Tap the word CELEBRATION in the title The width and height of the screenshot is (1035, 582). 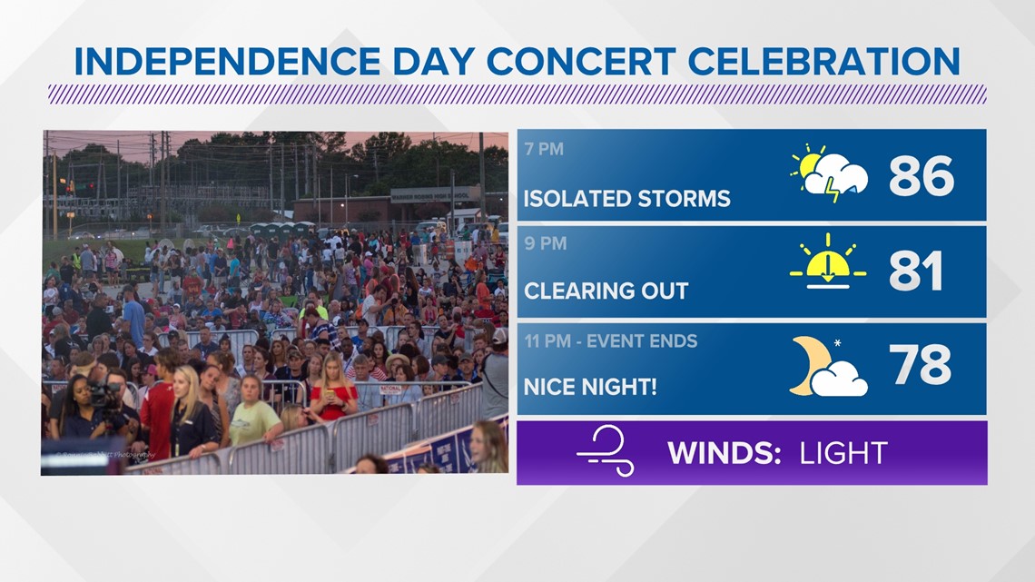pos(823,62)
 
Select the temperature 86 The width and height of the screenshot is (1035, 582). pos(921,175)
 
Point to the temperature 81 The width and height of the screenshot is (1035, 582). pos(915,271)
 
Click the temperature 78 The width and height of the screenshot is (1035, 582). pos(920,364)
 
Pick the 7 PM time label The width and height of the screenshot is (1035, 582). pos(544,149)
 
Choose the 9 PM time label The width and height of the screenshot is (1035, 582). pos(546,243)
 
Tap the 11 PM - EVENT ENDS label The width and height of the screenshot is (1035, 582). pos(611,341)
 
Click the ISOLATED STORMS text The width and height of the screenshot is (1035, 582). pos(627,199)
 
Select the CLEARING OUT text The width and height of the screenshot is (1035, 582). pos(606,291)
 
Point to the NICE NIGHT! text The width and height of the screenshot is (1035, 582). pos(590,387)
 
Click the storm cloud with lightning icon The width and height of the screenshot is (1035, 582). pos(829,173)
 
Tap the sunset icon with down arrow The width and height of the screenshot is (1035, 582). pos(828,262)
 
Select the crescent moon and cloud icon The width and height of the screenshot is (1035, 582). pos(828,366)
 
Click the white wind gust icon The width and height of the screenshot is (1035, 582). pos(606,450)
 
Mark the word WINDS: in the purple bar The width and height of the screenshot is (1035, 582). pos(724,453)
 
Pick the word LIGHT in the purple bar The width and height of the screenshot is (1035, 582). pos(843,453)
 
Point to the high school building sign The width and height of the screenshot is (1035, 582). pos(430,197)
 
